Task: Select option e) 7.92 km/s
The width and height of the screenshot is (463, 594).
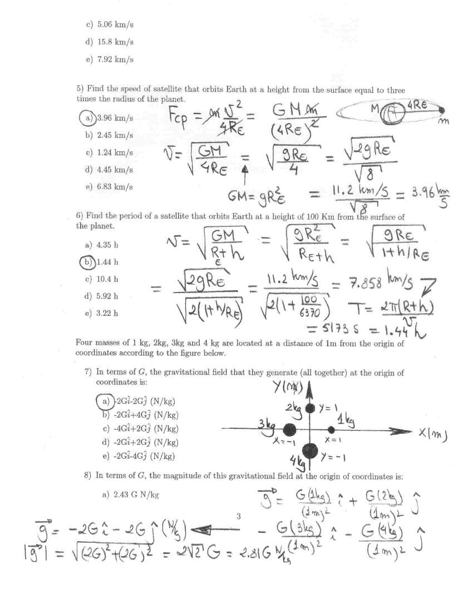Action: (110, 60)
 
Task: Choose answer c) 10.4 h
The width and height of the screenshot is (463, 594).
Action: (102, 279)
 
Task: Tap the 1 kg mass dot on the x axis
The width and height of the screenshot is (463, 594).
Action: (332, 429)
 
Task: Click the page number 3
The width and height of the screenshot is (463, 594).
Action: (238, 517)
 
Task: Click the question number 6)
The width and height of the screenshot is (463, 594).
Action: (80, 217)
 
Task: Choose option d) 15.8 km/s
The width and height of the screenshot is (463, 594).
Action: (110, 42)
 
